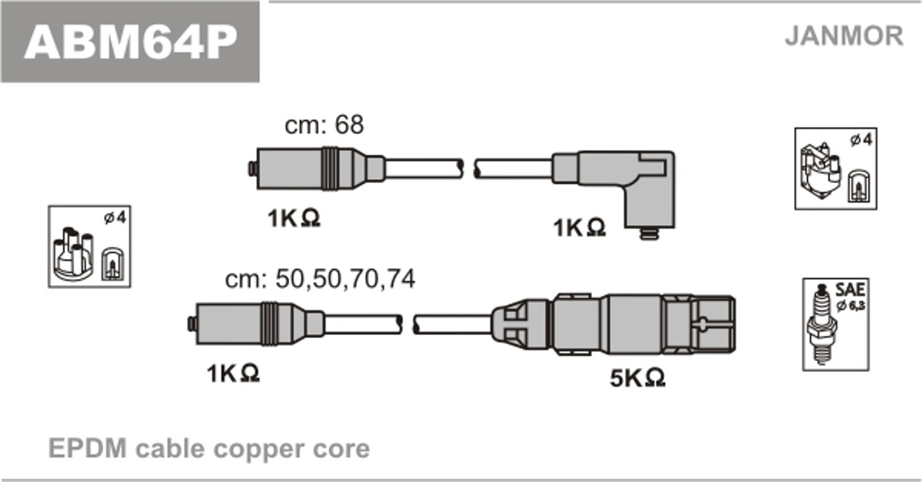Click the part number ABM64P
click(x=130, y=41)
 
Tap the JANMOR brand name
click(x=844, y=36)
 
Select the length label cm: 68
click(x=324, y=125)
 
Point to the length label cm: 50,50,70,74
click(x=320, y=279)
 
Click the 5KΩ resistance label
click(x=637, y=378)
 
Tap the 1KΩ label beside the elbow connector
click(x=579, y=228)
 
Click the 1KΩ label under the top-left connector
click(x=293, y=218)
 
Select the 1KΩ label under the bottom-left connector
click(x=233, y=374)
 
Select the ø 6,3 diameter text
click(x=851, y=305)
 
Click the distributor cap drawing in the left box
click(x=73, y=251)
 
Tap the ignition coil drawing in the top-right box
click(x=819, y=169)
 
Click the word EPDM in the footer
click(x=87, y=449)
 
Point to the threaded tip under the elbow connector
click(x=649, y=233)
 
